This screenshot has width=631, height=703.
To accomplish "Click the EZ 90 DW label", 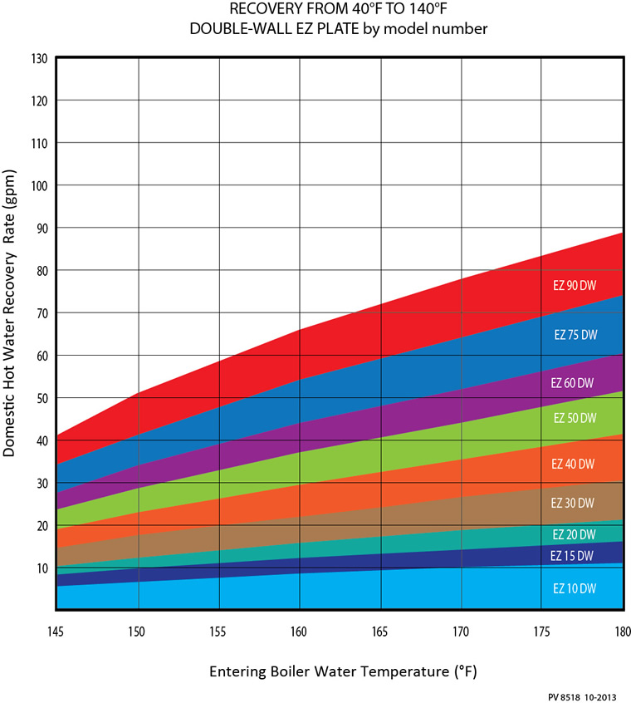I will [575, 284].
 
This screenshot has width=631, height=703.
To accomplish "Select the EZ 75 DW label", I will [575, 335].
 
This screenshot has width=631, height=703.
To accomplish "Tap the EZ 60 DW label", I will [573, 383].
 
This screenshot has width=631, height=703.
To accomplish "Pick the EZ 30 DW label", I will [573, 503].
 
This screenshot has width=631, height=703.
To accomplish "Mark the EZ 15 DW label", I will [573, 555].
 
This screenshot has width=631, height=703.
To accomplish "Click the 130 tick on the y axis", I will [39, 58].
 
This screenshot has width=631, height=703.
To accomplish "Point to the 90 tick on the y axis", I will [42, 229].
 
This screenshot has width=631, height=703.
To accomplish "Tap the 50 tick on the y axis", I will [42, 398].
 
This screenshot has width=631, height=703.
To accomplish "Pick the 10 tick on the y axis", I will [42, 568].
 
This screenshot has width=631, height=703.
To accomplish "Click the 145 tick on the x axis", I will [57, 632].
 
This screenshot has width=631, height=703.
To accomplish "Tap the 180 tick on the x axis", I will [621, 632].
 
